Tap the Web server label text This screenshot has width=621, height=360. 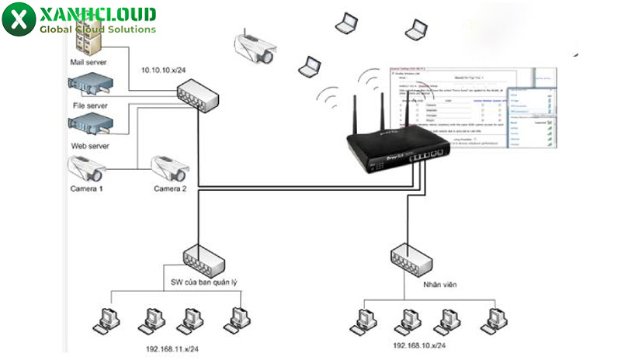point(88,145)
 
